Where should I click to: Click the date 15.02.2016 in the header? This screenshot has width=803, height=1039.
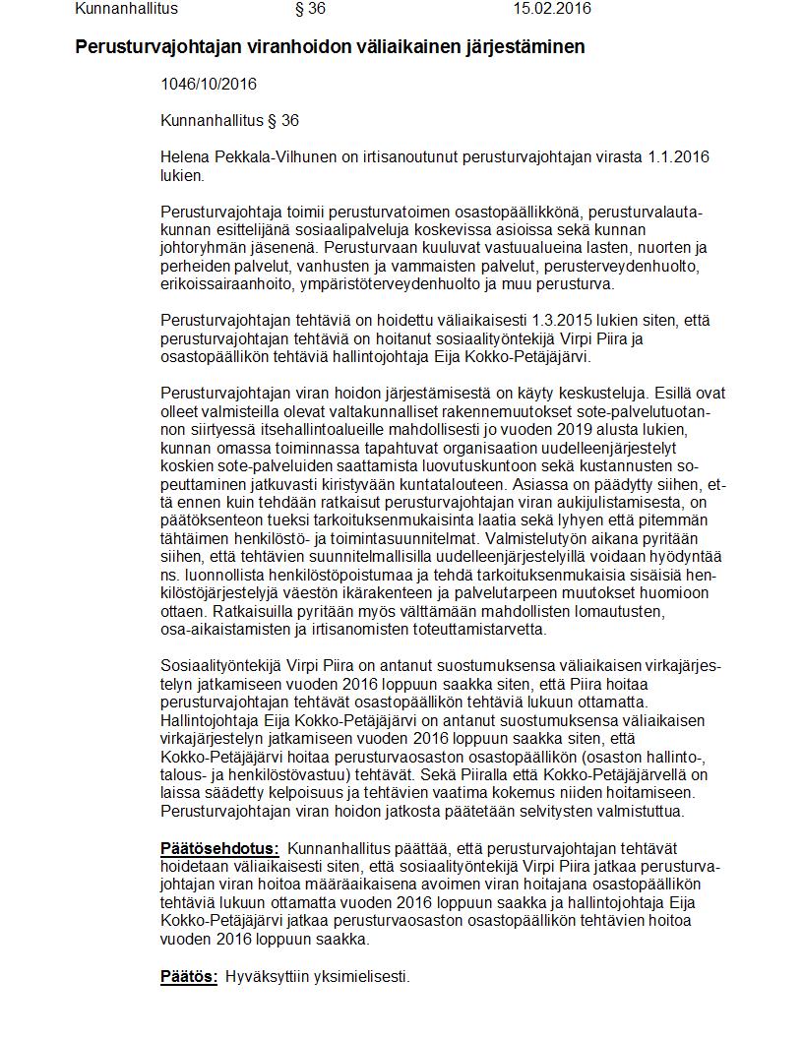click(x=552, y=9)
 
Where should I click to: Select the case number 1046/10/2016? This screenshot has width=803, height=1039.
click(x=202, y=85)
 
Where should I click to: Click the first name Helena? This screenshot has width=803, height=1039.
click(x=183, y=157)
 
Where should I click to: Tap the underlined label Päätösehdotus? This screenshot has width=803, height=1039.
click(x=219, y=848)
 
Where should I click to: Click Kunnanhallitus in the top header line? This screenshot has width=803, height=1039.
click(x=126, y=9)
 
